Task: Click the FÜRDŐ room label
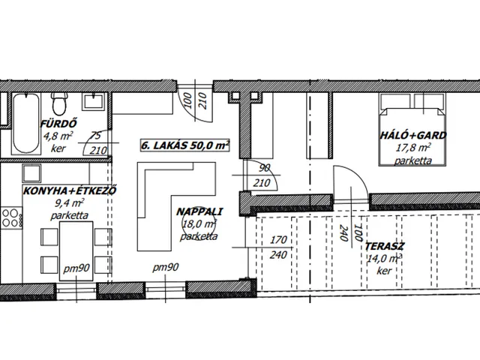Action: tap(58, 124)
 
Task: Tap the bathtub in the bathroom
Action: tap(26, 123)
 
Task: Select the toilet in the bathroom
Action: tap(59, 103)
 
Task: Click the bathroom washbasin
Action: tap(93, 102)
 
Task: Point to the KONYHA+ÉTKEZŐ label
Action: tap(70, 191)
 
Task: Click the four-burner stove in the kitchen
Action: tap(12, 217)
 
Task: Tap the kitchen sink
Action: tap(31, 173)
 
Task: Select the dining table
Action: tap(76, 251)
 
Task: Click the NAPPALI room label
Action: tap(199, 211)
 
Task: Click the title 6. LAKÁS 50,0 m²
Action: tap(185, 145)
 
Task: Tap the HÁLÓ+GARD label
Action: tap(413, 135)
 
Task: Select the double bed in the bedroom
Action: tap(412, 130)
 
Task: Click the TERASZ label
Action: tap(385, 246)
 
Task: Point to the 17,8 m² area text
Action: tap(413, 148)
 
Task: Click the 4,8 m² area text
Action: tap(58, 136)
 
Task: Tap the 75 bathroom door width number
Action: tap(96, 136)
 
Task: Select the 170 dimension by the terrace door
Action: tap(278, 240)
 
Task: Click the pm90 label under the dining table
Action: tap(76, 268)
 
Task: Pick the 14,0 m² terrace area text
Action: tap(384, 259)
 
